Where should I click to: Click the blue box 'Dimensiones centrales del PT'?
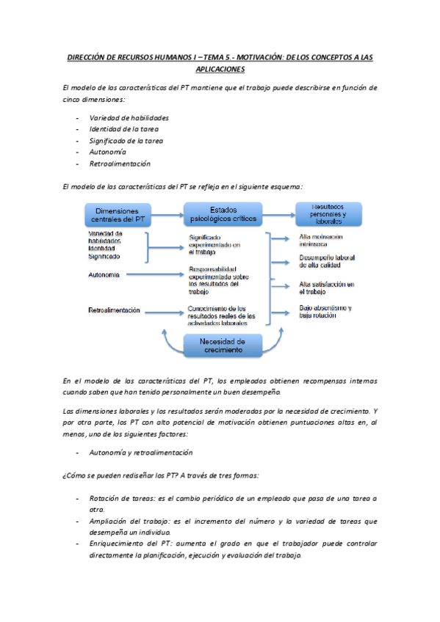[118, 215]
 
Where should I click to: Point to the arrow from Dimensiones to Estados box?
[168, 215]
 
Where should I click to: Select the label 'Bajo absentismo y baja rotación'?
[325, 311]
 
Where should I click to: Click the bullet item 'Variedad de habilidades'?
[129, 117]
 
